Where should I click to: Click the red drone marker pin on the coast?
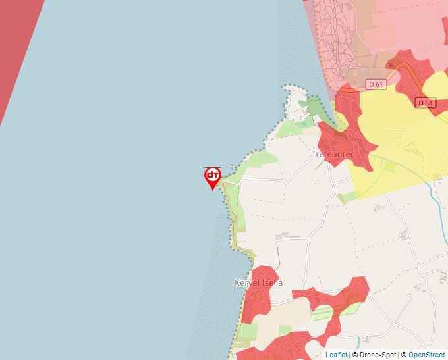[x=212, y=176]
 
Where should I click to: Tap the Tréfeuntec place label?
[x=333, y=154]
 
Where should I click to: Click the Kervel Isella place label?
[x=258, y=283]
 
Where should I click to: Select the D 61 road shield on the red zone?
[x=426, y=103]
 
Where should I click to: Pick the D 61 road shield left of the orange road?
[x=376, y=84]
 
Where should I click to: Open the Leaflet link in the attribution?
[x=336, y=355]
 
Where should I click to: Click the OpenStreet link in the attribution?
[x=426, y=355]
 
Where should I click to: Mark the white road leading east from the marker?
[x=257, y=178]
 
